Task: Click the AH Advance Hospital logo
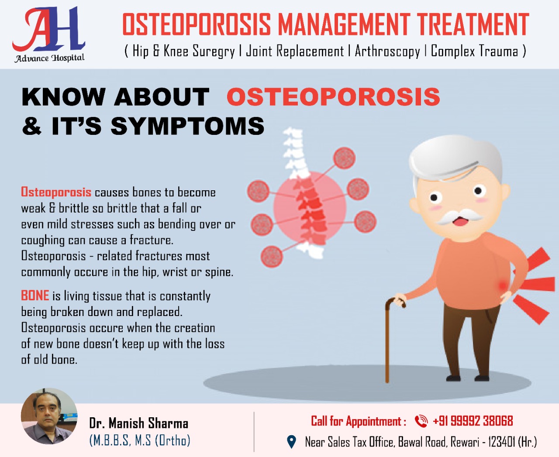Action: pyautogui.click(x=49, y=34)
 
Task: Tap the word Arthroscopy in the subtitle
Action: pyautogui.click(x=387, y=51)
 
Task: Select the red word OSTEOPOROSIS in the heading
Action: pyautogui.click(x=334, y=97)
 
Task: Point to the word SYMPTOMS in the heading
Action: pyautogui.click(x=187, y=126)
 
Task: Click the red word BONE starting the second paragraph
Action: pyautogui.click(x=35, y=296)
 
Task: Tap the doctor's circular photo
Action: pyautogui.click(x=49, y=416)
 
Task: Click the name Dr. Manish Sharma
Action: pyautogui.click(x=138, y=423)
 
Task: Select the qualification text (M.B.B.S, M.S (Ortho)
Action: pyautogui.click(x=140, y=440)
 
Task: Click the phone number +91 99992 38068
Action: pyautogui.click(x=473, y=421)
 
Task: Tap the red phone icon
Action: pyautogui.click(x=421, y=421)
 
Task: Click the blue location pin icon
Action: pyautogui.click(x=291, y=442)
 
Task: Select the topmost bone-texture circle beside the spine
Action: pyautogui.click(x=344, y=158)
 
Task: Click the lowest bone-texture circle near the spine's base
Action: pyautogui.click(x=271, y=257)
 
